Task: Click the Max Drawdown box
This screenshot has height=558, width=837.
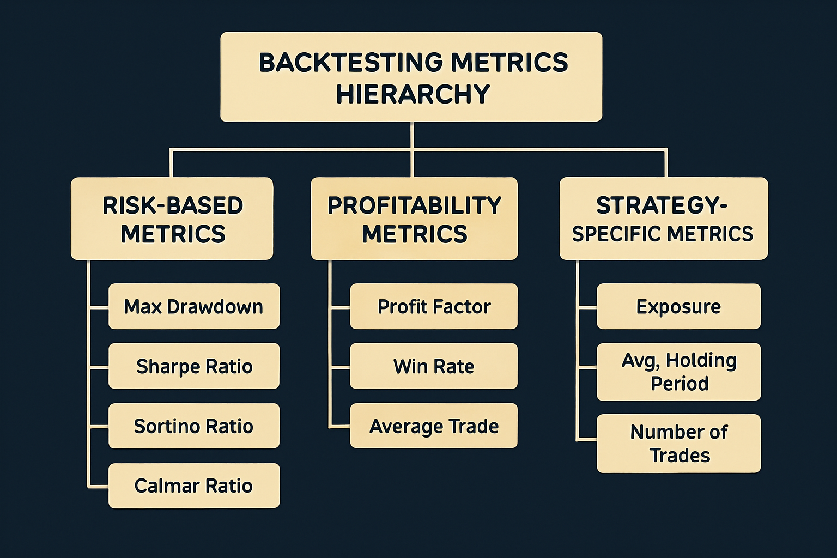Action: coord(193,306)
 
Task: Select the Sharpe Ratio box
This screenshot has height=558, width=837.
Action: coord(193,366)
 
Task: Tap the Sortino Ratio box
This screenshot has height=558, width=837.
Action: coord(193,426)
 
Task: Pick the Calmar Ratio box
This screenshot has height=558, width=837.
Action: coord(193,486)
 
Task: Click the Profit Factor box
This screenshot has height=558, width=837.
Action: coord(433,306)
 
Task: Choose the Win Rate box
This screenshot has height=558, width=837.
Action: coord(433,366)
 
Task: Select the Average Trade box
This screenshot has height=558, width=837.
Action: coord(433,426)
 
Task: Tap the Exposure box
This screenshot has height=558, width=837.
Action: coord(678,306)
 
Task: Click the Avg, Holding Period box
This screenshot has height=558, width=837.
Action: coord(678,372)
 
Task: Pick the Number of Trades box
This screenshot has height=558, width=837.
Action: coord(678,443)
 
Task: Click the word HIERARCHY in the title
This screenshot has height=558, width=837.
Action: coord(413,94)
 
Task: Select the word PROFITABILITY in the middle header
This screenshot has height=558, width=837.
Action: coord(414,205)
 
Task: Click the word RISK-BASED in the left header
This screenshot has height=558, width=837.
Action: coord(173,205)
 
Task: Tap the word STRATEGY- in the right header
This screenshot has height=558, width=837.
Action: coord(662,205)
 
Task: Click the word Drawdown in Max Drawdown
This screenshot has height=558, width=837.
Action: coord(215,306)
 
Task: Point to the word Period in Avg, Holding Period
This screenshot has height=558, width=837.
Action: coord(680,384)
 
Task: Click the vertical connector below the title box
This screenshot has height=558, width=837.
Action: coord(412,135)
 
